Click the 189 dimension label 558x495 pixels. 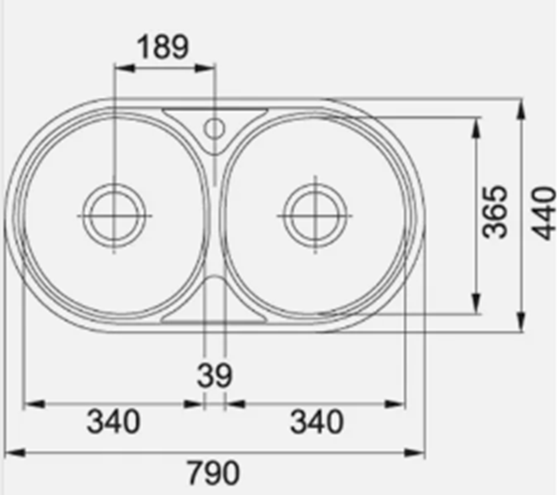tap(163, 47)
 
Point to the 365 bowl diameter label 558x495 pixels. tap(494, 212)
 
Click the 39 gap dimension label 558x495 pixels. tap(215, 376)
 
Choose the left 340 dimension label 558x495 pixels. tap(114, 422)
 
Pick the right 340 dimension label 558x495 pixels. tap(317, 422)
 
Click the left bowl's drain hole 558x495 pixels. tap(114, 216)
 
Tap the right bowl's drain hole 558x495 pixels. tap(315, 216)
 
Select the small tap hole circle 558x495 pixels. tap(214, 128)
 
